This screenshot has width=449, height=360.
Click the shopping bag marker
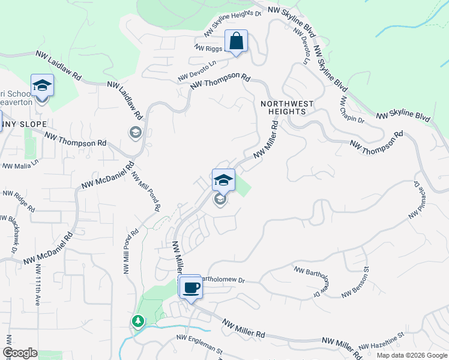coord(237,42)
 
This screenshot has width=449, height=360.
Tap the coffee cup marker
coord(191,288)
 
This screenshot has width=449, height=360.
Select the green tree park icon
coord(139,322)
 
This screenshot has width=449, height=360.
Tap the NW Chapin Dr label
coord(351,109)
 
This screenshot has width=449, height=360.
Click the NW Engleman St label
coord(199,344)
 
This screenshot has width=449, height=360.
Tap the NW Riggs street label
coord(208,47)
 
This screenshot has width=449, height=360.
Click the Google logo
coord(20,353)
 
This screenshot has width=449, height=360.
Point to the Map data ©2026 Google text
coord(411,355)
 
